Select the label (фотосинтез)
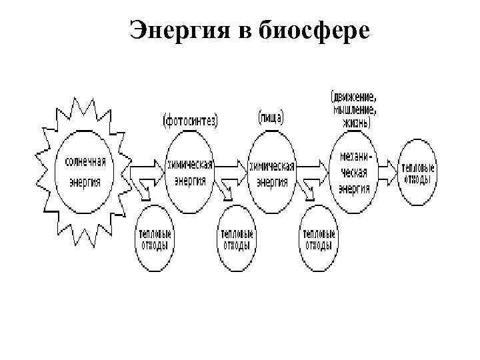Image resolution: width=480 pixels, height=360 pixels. pyautogui.click(x=191, y=120)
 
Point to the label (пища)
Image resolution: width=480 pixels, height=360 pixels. pyautogui.click(x=271, y=118)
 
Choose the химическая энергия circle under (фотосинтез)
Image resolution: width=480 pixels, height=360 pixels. pyautogui.click(x=191, y=170)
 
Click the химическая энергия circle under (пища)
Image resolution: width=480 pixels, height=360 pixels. pyautogui.click(x=272, y=170)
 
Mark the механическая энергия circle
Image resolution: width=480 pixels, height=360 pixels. pyautogui.click(x=354, y=171)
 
